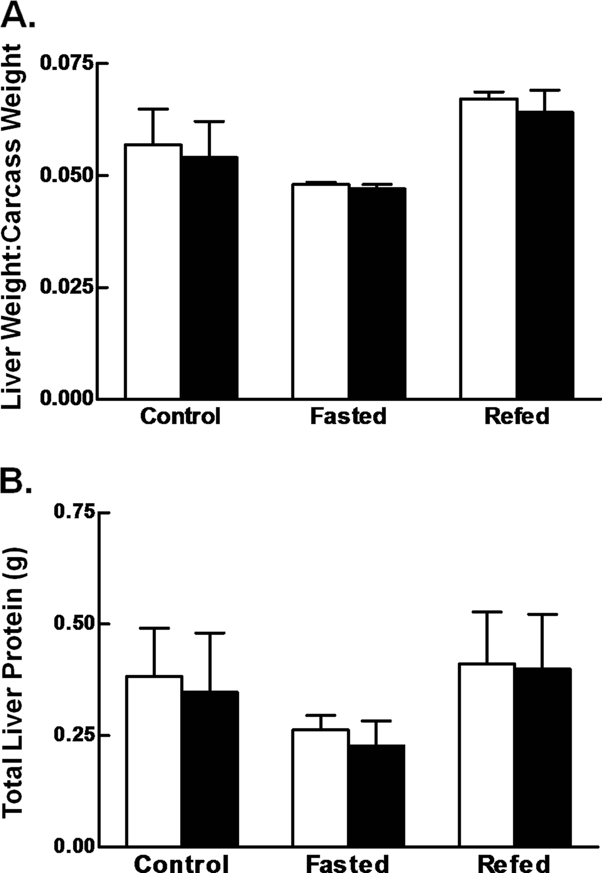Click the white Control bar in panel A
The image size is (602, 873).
point(154,272)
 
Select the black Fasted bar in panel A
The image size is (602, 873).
point(377,294)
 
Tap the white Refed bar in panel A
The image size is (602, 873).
point(489,249)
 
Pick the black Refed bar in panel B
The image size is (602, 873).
point(543,757)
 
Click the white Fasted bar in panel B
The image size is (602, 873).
point(321,788)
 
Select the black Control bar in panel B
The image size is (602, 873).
point(210,769)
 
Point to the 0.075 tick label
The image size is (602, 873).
point(68,64)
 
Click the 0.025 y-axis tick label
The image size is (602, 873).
point(68,288)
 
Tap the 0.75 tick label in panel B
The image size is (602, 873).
point(75,513)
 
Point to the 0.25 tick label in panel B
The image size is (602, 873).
point(75,735)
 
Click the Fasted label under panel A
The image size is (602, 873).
point(348,416)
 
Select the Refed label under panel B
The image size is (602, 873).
point(514,863)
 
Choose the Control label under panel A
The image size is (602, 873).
point(180,416)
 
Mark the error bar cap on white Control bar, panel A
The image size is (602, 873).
point(154,109)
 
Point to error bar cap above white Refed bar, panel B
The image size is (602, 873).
point(487,612)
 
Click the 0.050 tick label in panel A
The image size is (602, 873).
point(68,176)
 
